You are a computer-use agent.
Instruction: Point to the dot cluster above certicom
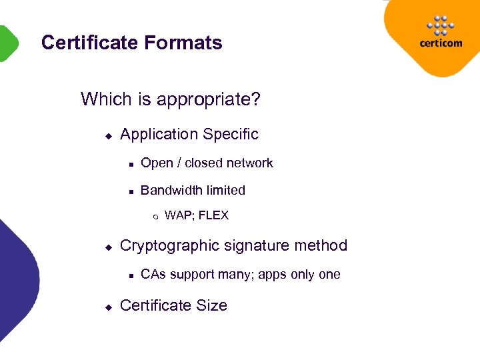click(x=440, y=25)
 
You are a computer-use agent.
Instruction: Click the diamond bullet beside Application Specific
click(x=108, y=135)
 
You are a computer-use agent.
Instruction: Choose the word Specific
click(x=231, y=135)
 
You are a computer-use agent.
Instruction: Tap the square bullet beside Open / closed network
click(x=132, y=164)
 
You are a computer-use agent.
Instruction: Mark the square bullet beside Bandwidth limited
click(x=132, y=191)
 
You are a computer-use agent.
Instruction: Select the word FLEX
click(x=213, y=215)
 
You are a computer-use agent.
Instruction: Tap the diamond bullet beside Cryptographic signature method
click(x=108, y=247)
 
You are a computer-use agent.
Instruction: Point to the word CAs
click(x=153, y=275)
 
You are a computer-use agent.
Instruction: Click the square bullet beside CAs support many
click(x=132, y=275)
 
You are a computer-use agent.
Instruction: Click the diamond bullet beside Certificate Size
click(x=108, y=307)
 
